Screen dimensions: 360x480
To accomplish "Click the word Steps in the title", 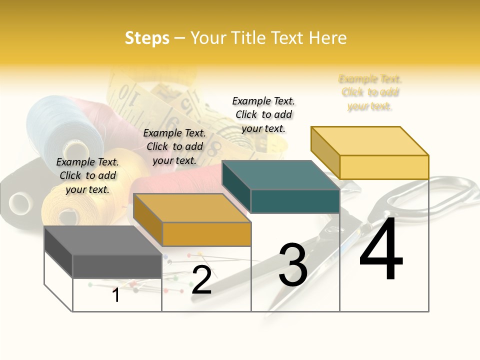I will tap(147, 38).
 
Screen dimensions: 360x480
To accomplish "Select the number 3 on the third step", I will tap(293, 265).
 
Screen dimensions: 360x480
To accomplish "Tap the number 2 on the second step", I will tap(201, 280).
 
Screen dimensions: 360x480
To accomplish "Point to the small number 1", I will tap(116, 295).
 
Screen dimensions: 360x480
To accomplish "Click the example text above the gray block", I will tap(87, 175).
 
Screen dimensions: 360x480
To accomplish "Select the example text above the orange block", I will tap(174, 146).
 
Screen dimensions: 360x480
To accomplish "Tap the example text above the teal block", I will tap(263, 114).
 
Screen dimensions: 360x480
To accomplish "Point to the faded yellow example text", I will tap(370, 92).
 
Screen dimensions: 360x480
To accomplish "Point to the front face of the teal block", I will tap(295, 201).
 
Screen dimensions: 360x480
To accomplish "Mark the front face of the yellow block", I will tap(384, 167).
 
